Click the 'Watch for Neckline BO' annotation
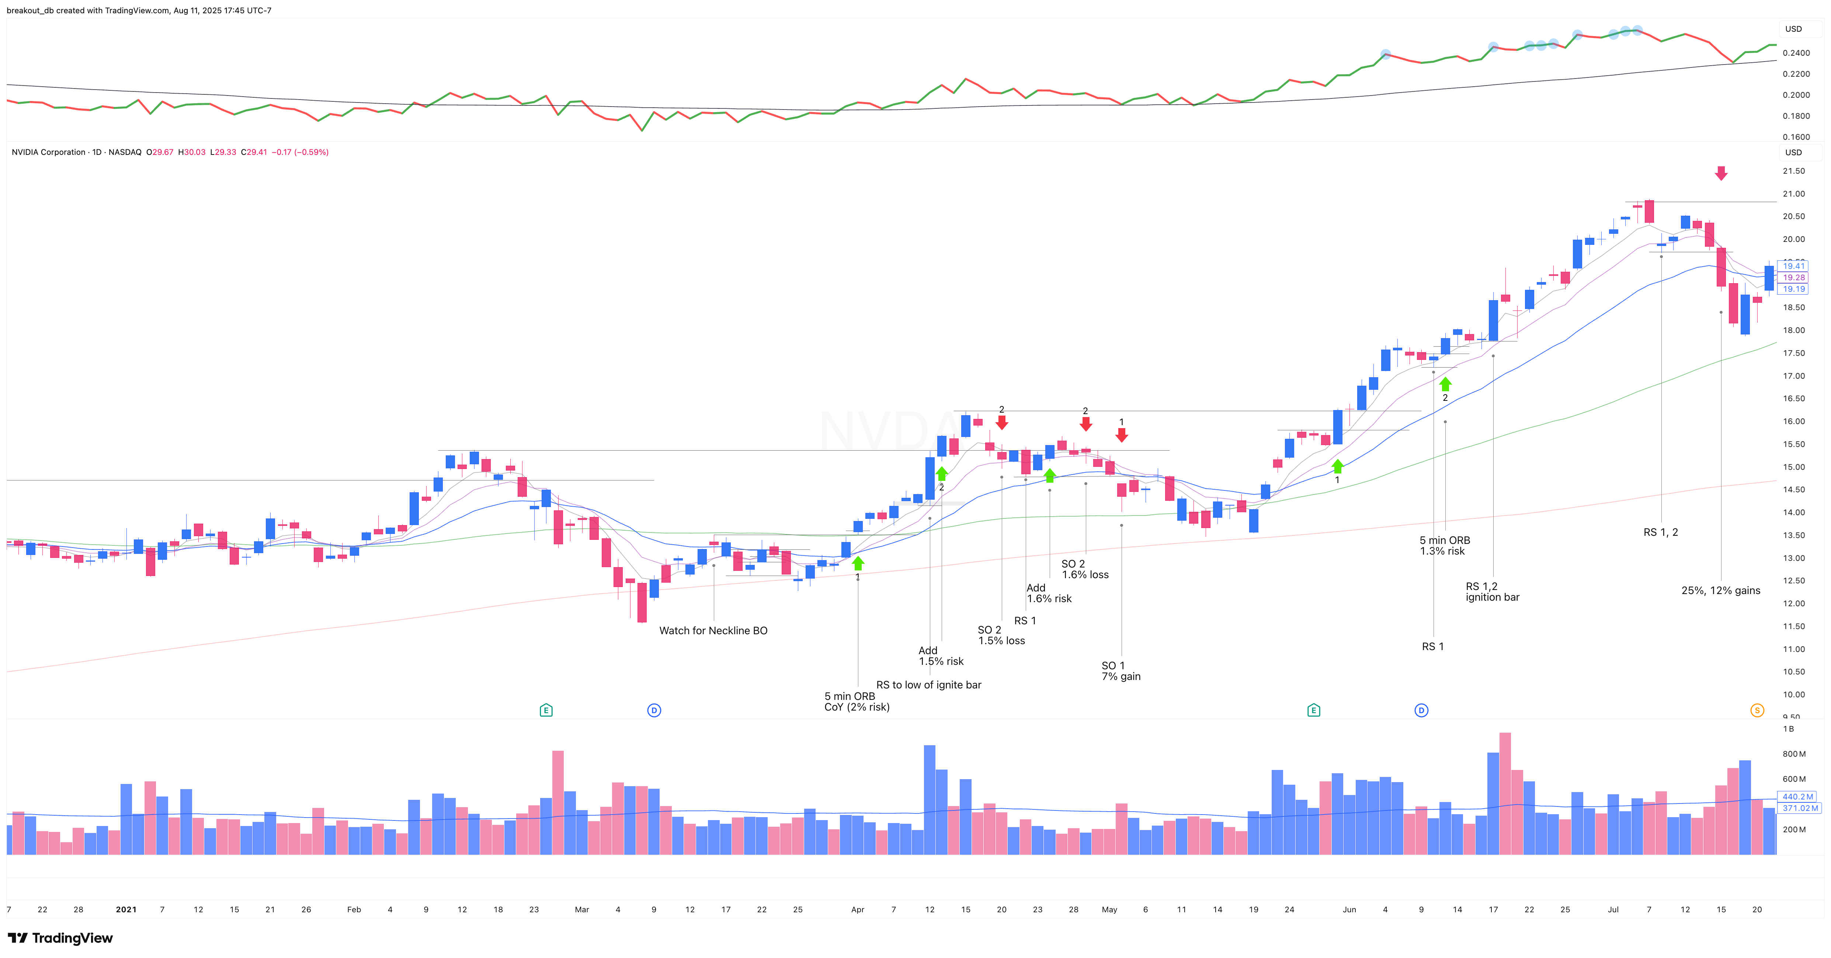click(713, 631)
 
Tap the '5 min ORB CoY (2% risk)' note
click(857, 701)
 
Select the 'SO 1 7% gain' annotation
click(1121, 671)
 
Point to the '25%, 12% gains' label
click(1720, 591)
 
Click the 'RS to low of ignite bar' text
click(928, 685)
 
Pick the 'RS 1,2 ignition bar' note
click(1492, 591)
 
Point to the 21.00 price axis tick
click(1793, 194)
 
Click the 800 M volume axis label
click(1793, 754)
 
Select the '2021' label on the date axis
click(126, 910)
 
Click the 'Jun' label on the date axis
click(1349, 910)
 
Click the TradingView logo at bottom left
click(60, 938)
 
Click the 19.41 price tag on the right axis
click(1793, 266)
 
